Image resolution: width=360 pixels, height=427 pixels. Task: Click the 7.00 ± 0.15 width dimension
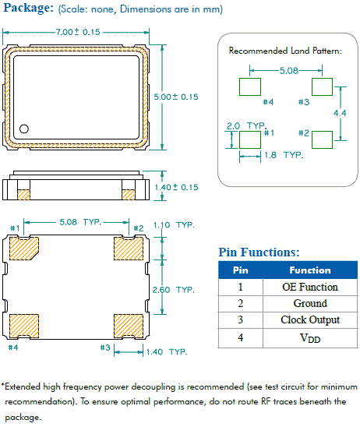tap(78, 32)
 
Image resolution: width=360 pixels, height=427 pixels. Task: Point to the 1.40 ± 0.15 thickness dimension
tap(176, 187)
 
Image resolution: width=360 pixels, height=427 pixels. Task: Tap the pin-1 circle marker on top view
tap(24, 129)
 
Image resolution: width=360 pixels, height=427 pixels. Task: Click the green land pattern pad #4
tap(249, 86)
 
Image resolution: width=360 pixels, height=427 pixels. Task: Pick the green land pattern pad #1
tap(249, 139)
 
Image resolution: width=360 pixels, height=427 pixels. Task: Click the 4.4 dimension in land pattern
tap(340, 113)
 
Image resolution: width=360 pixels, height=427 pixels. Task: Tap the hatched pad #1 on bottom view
tap(25, 248)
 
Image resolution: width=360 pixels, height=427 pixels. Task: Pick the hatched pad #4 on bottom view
tap(25, 324)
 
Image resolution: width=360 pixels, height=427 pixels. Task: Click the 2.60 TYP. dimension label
tap(174, 289)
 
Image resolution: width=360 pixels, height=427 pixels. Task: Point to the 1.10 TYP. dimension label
tap(174, 224)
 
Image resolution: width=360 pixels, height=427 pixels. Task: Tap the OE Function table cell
tap(309, 287)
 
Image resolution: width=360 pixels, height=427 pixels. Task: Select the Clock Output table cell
tap(309, 319)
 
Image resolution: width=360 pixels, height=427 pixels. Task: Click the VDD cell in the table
tap(309, 337)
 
